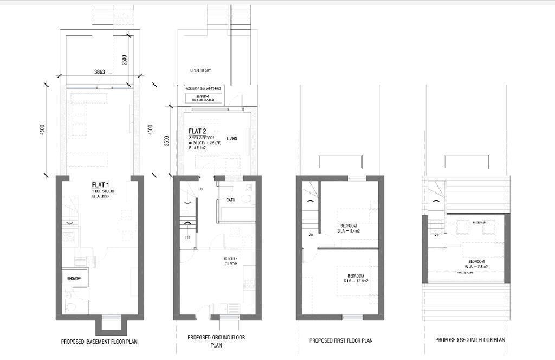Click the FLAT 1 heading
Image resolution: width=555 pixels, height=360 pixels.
pyautogui.click(x=100, y=185)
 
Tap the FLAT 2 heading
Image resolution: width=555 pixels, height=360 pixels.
pyautogui.click(x=197, y=131)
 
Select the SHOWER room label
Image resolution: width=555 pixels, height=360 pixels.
pyautogui.click(x=74, y=279)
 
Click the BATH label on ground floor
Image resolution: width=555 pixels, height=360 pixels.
pyautogui.click(x=230, y=201)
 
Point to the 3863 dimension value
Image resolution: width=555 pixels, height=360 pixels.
pyautogui.click(x=100, y=72)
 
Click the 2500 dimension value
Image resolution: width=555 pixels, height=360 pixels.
pyautogui.click(x=125, y=60)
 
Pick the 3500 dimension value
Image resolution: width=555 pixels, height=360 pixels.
pyautogui.click(x=167, y=141)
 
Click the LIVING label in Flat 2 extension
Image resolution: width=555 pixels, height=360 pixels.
pyautogui.click(x=232, y=139)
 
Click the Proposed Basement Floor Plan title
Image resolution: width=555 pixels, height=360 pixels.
pyautogui.click(x=99, y=342)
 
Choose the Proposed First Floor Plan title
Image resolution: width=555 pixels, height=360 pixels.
pyautogui.click(x=341, y=340)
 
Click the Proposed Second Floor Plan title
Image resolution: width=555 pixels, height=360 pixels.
pyautogui.click(x=470, y=339)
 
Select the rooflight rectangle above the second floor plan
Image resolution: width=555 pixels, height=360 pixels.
pyautogui.click(x=467, y=162)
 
